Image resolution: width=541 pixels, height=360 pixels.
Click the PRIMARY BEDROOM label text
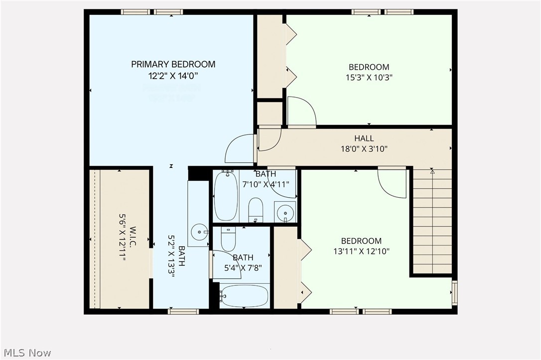point(173,64)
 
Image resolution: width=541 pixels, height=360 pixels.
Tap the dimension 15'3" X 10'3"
point(369,78)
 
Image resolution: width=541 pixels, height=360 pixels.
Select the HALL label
point(364,138)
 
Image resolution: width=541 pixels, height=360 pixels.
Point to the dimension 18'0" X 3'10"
point(364,148)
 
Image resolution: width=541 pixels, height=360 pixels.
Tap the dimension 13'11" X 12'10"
point(361,251)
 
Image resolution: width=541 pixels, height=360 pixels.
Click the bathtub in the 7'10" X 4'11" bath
point(226,196)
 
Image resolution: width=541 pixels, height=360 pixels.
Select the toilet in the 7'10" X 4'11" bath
point(256,209)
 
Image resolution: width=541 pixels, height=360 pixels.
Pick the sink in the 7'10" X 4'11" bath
point(285,212)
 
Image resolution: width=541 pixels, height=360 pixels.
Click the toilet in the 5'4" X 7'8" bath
point(228,240)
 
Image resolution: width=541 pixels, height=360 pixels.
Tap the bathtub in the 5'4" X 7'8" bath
point(244,296)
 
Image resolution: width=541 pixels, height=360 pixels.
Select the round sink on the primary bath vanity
point(200,231)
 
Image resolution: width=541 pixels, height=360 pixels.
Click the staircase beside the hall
point(432,222)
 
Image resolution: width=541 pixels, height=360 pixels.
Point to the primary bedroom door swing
point(240,149)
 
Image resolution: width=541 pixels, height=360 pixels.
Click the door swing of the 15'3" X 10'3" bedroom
point(301,112)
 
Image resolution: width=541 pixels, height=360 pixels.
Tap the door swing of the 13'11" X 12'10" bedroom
point(392,182)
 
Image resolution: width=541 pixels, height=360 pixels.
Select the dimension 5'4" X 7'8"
point(243,268)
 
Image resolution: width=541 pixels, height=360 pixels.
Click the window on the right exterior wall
point(454,292)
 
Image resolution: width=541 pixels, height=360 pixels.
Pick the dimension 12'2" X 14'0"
point(169,76)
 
